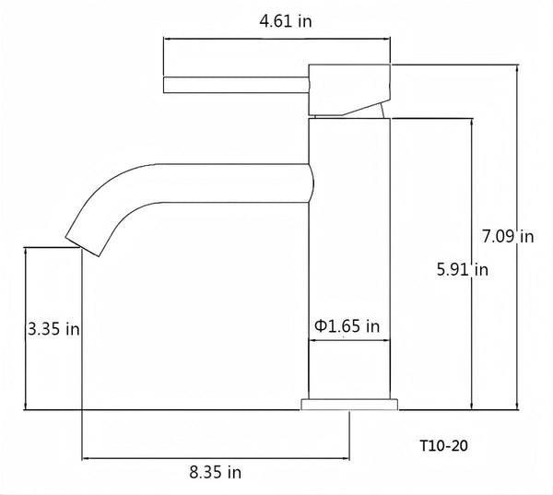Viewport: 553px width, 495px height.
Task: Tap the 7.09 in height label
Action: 508,237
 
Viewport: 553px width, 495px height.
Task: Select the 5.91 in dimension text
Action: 462,270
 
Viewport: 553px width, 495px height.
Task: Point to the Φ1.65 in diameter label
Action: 347,325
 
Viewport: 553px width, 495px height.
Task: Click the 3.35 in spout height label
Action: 53,328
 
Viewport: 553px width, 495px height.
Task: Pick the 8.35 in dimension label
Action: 216,473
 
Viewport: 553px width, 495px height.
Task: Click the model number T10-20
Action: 443,444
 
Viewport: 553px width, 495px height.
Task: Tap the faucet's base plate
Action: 349,404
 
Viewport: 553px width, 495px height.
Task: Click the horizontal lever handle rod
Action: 235,85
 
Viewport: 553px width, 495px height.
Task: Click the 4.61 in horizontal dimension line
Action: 276,40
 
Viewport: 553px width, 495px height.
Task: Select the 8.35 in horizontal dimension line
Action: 216,456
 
